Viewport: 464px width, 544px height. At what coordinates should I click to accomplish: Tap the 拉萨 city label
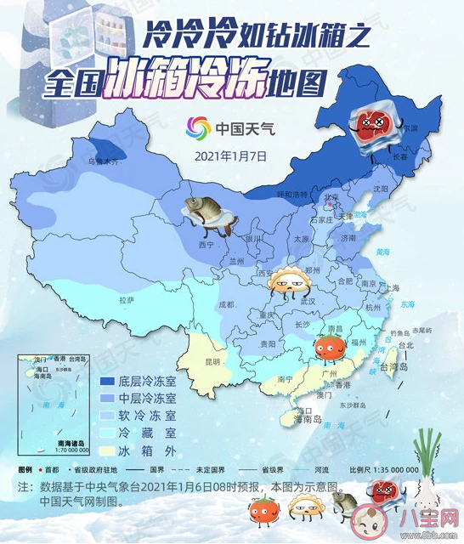tap(127, 299)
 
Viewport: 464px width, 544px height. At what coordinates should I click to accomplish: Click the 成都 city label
tap(225, 303)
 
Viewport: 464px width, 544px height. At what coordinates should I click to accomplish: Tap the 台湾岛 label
tap(393, 369)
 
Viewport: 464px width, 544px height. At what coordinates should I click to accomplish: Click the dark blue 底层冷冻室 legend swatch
tap(110, 382)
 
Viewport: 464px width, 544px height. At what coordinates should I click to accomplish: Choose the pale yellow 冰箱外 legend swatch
tap(110, 450)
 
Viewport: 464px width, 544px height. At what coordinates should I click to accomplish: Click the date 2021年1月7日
tap(231, 156)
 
